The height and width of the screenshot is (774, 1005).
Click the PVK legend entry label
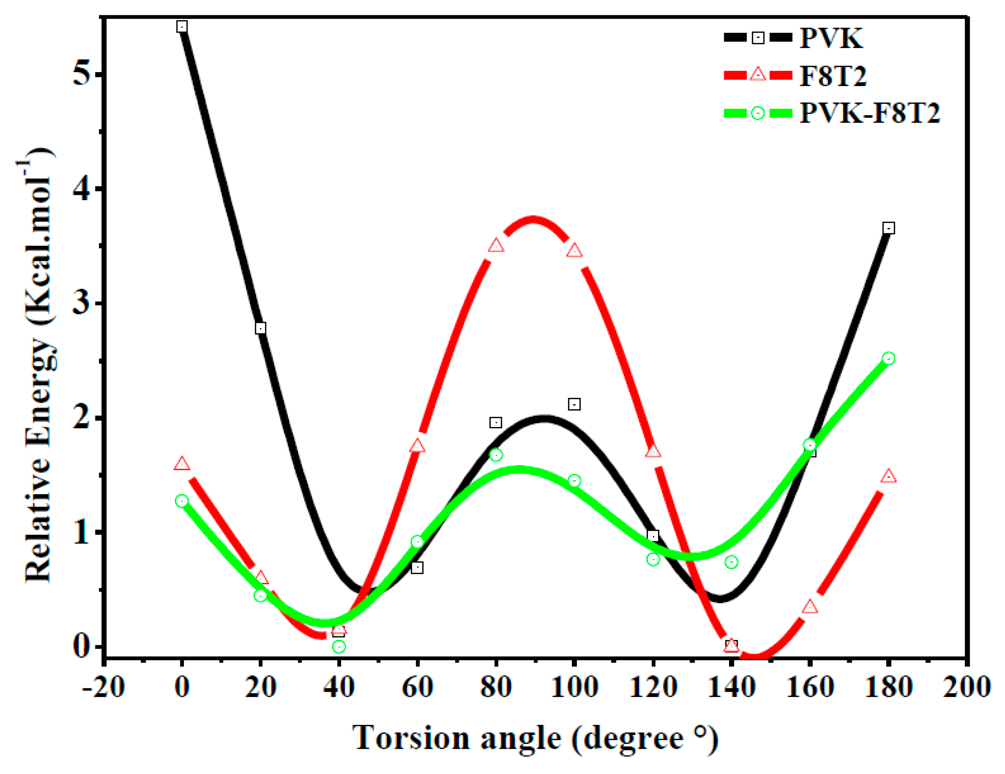point(831,38)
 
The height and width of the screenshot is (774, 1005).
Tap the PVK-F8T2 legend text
point(870,113)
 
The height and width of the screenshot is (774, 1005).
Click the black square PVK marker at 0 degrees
point(182,27)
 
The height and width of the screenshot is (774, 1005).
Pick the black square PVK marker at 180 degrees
point(889,228)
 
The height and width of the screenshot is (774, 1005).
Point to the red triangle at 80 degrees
point(496,246)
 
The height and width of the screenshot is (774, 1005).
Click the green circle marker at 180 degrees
point(889,358)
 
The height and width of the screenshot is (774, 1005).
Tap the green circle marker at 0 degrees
point(182,501)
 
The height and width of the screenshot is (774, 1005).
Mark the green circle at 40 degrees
point(339,646)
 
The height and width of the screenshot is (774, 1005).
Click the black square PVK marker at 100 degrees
point(574,404)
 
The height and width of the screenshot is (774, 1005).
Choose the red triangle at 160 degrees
point(810,607)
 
